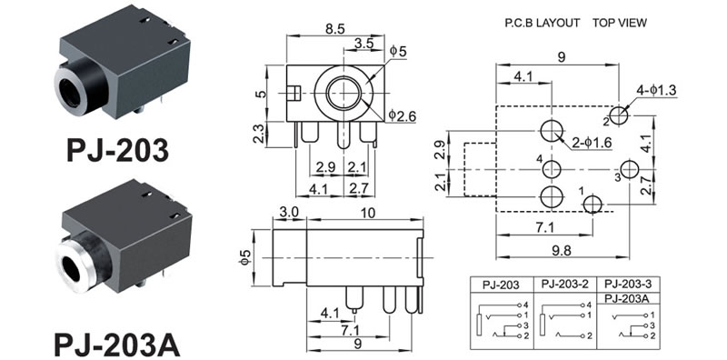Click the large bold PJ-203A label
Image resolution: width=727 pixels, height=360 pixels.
click(x=117, y=344)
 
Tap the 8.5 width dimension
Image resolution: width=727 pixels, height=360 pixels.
click(x=335, y=29)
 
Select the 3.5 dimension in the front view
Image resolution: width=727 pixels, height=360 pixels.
click(x=363, y=44)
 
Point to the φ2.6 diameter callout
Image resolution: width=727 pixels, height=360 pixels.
click(x=402, y=115)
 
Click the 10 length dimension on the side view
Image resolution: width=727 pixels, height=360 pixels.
click(x=368, y=213)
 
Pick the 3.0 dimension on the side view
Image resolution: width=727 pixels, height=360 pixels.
click(x=289, y=212)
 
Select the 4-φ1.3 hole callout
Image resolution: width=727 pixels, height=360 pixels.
click(x=656, y=90)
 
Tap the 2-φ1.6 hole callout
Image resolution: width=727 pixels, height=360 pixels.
click(x=592, y=143)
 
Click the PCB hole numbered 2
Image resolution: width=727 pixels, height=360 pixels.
click(x=619, y=115)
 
